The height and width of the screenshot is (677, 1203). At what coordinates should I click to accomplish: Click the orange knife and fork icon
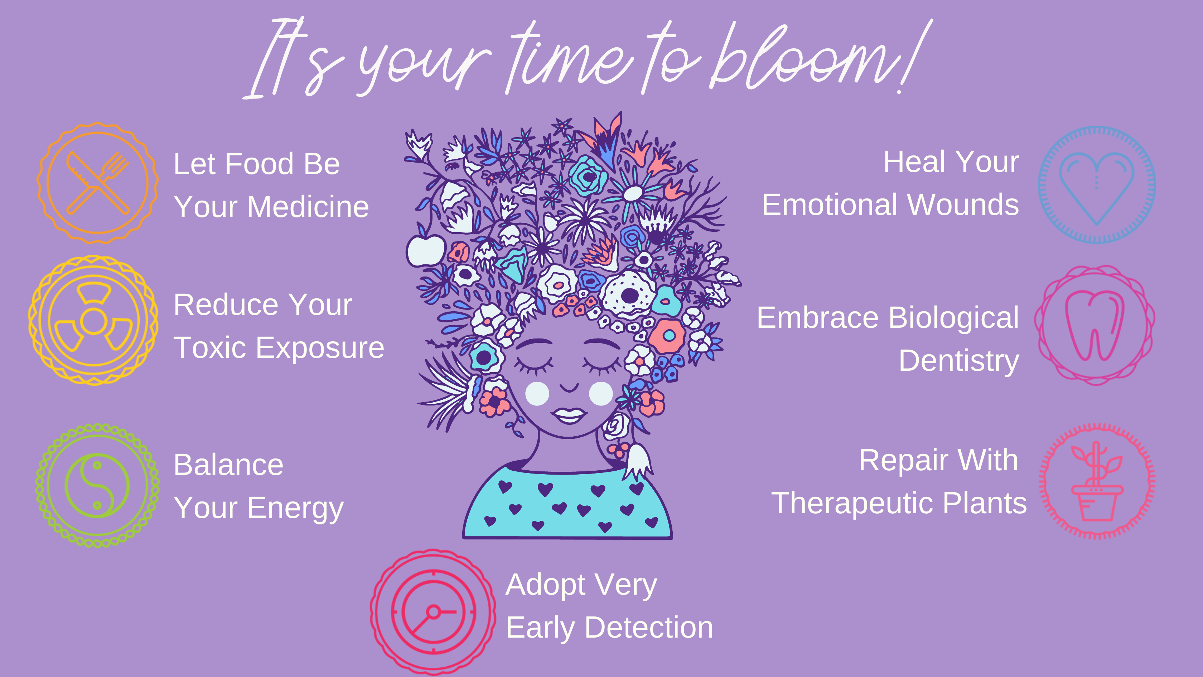98,183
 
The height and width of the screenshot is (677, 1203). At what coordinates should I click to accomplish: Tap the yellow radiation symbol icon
93,321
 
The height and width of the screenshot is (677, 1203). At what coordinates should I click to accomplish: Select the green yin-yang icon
97,485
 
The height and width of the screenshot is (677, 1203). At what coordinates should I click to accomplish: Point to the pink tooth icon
1095,325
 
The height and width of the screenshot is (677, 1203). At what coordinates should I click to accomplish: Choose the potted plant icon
1097,481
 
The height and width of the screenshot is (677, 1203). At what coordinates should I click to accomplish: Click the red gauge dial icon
433,612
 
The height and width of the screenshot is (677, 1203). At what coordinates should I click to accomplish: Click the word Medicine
308,207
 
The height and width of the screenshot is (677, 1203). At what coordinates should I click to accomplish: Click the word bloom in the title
805,56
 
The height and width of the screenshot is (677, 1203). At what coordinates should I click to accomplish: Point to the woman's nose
569,387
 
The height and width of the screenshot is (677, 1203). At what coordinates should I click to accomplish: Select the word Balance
228,465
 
